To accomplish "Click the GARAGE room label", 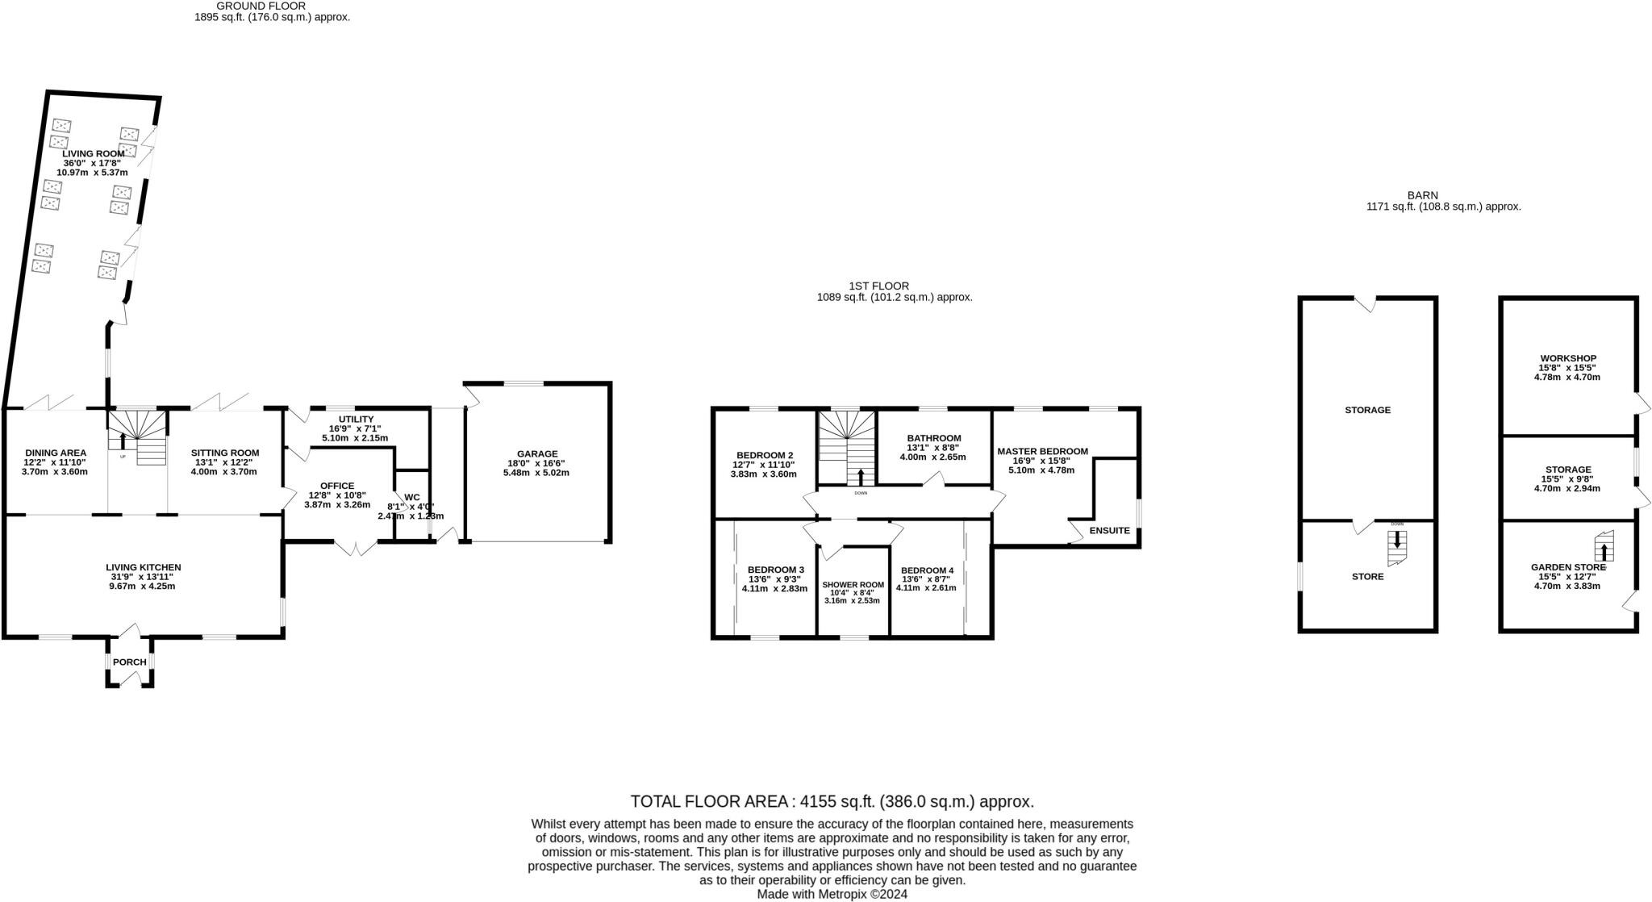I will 536,454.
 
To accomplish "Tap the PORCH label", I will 130,662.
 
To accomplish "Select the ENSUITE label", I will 1109,531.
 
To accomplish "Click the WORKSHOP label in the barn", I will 1567,358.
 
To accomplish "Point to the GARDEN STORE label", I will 1567,567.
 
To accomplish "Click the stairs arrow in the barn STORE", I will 1397,539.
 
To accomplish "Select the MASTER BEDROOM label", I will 1042,452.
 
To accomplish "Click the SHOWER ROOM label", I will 853,585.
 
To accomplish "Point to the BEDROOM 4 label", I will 926,570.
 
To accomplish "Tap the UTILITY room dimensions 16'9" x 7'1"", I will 355,429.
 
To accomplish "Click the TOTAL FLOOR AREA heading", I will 832,802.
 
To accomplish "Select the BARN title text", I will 1422,195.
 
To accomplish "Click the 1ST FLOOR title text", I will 878,286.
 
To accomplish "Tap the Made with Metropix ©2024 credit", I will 832,894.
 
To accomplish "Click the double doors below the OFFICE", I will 356,548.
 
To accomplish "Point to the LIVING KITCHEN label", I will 143,567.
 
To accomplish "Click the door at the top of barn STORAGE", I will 1365,304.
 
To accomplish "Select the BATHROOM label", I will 933,438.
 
